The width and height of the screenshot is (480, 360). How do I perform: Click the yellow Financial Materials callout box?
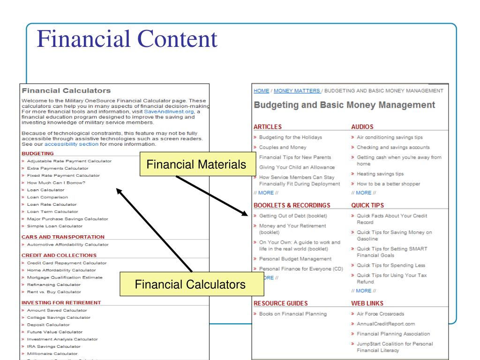coord(196,165)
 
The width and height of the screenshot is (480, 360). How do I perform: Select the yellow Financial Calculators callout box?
coord(190,285)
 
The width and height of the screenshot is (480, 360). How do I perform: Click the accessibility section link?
coord(71,144)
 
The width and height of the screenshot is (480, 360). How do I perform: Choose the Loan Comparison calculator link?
coord(47,197)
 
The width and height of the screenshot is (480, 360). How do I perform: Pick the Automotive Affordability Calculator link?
coord(67,244)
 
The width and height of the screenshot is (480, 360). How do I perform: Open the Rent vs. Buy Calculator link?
coord(54,292)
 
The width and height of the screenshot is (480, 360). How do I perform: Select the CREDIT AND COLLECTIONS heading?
coord(59,255)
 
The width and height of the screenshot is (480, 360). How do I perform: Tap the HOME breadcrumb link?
coord(261,90)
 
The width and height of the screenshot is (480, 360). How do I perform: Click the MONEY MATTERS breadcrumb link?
coord(297,90)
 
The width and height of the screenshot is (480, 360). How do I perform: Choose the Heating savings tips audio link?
coord(380,173)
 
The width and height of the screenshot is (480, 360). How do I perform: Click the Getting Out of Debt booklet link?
coord(293,216)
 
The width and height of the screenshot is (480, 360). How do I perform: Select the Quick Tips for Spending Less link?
coord(391,265)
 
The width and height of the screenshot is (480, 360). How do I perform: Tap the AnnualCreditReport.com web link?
coord(386,323)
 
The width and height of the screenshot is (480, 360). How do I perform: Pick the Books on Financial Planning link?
coord(293,314)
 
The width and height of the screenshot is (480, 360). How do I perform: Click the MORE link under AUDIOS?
coord(363,193)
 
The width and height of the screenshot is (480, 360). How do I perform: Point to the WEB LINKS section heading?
coord(367,303)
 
